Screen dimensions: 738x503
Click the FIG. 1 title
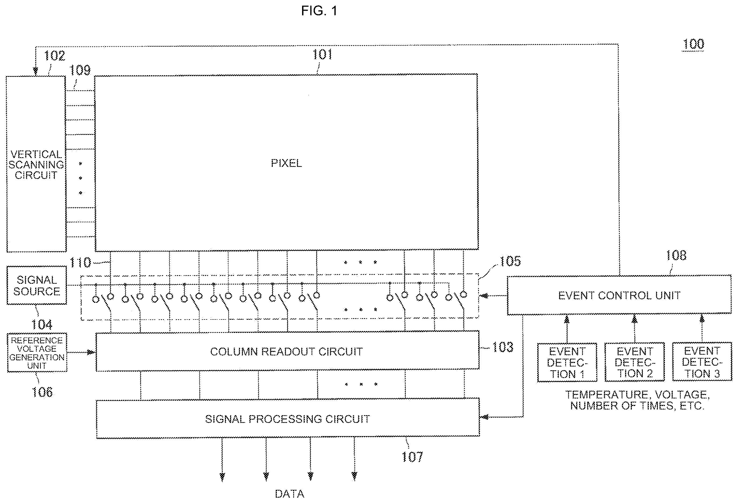(319, 11)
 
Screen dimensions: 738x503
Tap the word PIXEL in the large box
(286, 163)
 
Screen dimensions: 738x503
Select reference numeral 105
(510, 261)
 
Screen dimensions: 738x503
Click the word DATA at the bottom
(289, 494)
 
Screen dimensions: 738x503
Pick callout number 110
(80, 263)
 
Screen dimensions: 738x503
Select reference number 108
(676, 255)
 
